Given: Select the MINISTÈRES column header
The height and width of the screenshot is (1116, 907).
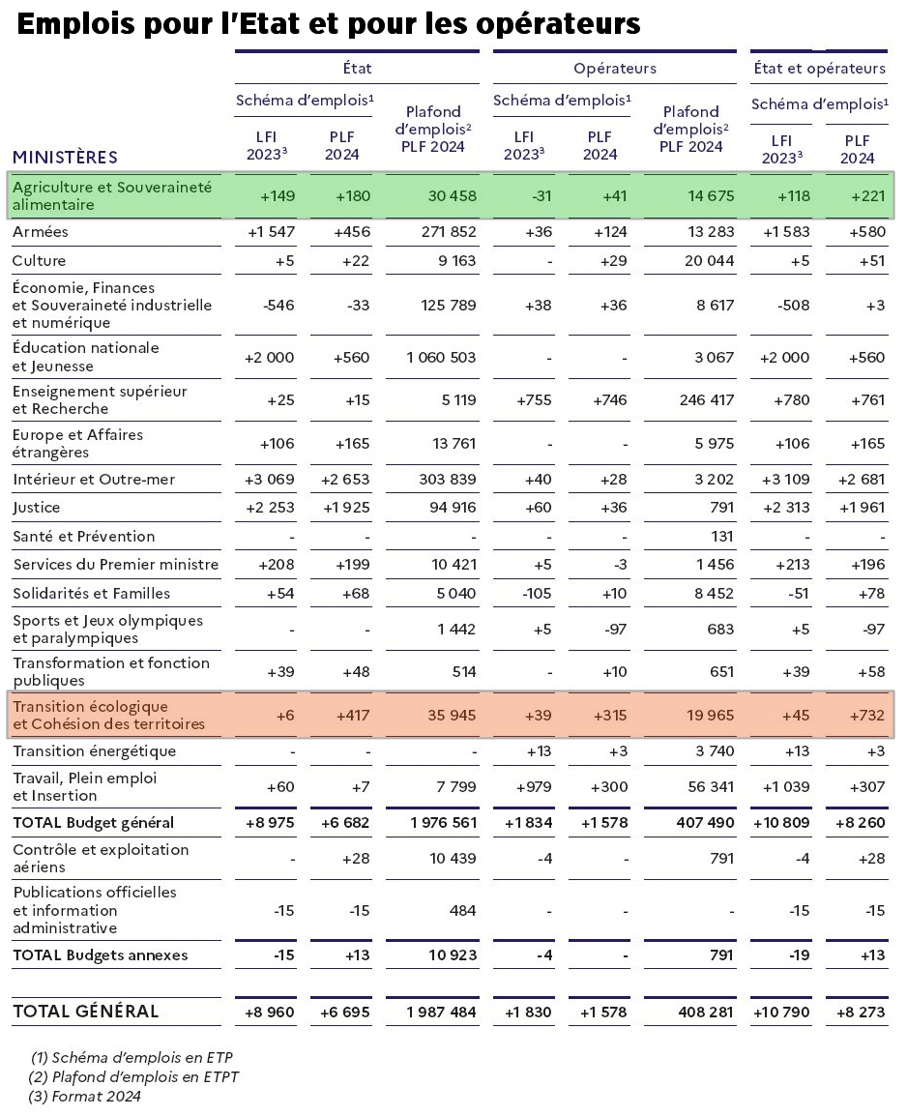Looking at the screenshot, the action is coord(66,157).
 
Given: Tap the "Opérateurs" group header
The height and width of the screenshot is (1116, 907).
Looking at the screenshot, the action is coord(615,69).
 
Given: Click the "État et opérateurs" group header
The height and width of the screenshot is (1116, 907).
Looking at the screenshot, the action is coord(820,69).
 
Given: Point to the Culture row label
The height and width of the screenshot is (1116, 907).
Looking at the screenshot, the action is coord(39,260).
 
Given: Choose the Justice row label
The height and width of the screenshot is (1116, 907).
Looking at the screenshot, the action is coord(37,508).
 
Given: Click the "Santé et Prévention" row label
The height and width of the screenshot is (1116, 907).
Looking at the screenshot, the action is coord(84,536).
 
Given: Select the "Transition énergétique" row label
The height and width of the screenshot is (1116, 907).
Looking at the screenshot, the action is coord(95,750).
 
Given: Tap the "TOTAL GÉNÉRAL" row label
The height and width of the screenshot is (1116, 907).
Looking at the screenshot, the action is coord(85,1012).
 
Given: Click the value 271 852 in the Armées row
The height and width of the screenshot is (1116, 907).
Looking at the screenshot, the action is coord(448,231).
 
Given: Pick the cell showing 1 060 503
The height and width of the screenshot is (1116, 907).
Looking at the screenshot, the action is coord(441,357).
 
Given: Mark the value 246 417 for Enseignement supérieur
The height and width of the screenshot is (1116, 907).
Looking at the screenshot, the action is coord(707,400).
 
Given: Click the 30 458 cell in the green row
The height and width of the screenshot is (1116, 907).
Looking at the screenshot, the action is coord(452,195).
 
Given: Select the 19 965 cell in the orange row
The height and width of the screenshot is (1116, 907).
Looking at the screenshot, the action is coord(710,716).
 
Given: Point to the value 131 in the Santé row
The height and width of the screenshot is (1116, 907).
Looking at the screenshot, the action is coord(722,536).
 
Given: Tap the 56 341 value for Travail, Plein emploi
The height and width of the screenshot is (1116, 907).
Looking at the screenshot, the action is coord(710,786).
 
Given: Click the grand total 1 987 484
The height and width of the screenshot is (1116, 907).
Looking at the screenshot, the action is coord(441,1013).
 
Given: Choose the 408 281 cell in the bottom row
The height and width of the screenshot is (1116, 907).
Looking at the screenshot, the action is coord(706,1013).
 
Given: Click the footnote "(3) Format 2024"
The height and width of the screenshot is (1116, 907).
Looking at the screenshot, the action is coord(85,1097).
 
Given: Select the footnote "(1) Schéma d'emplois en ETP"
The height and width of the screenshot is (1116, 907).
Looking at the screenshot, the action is coord(132,1058).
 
